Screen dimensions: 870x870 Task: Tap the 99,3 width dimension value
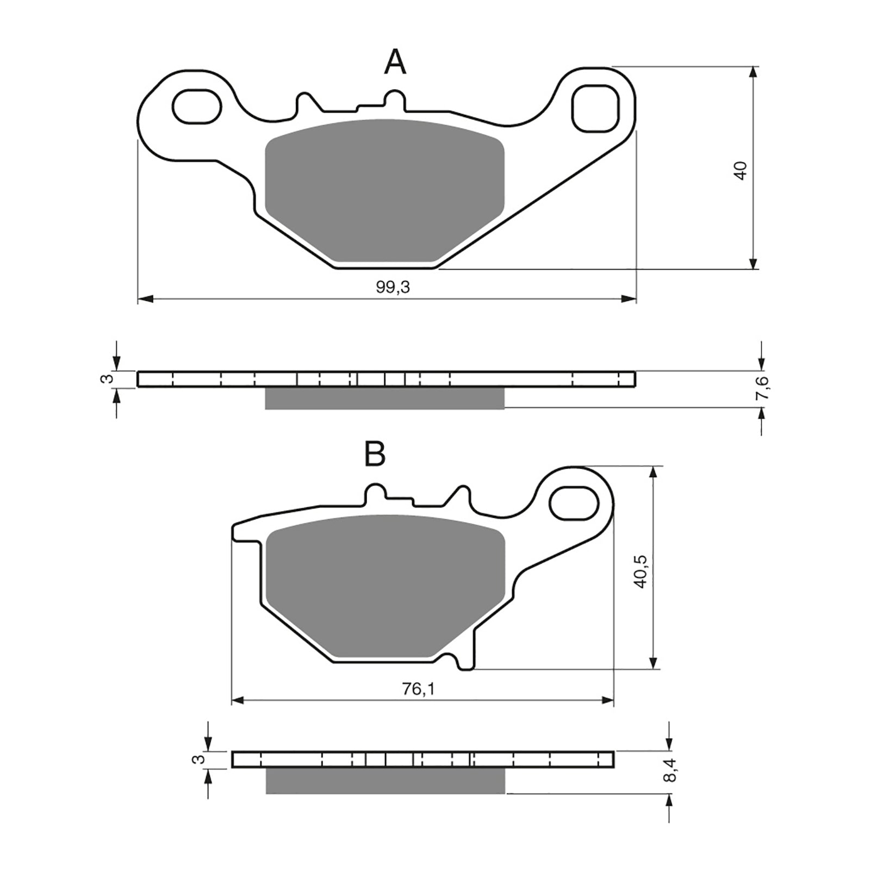tap(393, 288)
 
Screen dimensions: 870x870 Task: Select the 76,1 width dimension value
tap(419, 689)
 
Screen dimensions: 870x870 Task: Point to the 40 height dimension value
tap(741, 170)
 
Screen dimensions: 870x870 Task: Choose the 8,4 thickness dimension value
tap(671, 771)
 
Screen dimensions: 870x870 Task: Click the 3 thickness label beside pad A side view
tap(108, 378)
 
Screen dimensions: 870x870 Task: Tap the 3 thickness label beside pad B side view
tap(201, 759)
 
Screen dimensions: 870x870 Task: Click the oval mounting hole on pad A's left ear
tap(197, 105)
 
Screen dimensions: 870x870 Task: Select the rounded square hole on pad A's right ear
tap(595, 109)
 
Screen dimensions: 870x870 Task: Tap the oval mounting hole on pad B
tap(575, 504)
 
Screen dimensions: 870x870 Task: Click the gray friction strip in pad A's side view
tap(384, 399)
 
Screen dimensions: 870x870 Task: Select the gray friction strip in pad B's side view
tap(386, 781)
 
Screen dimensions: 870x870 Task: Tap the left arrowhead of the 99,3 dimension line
tap(145, 299)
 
